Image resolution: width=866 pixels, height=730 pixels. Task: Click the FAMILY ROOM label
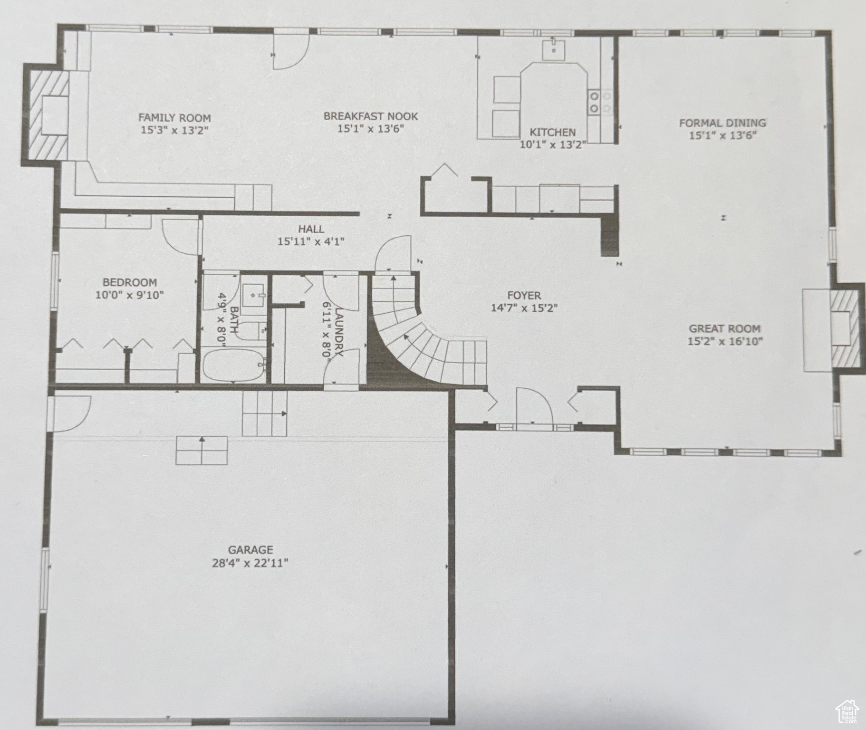pyautogui.click(x=174, y=117)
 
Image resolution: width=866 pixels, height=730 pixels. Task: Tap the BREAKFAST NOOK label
pyautogui.click(x=371, y=116)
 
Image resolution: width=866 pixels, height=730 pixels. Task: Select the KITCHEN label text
pyautogui.click(x=553, y=132)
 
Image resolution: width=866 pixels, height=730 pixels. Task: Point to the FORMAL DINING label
pyautogui.click(x=722, y=123)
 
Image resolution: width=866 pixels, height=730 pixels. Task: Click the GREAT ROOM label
pyautogui.click(x=725, y=328)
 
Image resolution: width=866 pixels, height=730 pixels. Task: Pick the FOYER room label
pyautogui.click(x=524, y=296)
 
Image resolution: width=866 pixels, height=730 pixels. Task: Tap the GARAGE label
pyautogui.click(x=250, y=550)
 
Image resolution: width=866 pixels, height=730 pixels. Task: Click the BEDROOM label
pyautogui.click(x=130, y=282)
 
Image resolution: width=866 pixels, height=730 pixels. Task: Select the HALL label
pyautogui.click(x=311, y=229)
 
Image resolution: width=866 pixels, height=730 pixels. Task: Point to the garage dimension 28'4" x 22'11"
pyautogui.click(x=250, y=563)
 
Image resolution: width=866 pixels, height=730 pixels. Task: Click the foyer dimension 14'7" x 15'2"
pyautogui.click(x=524, y=308)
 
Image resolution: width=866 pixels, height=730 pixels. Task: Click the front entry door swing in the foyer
pyautogui.click(x=534, y=406)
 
